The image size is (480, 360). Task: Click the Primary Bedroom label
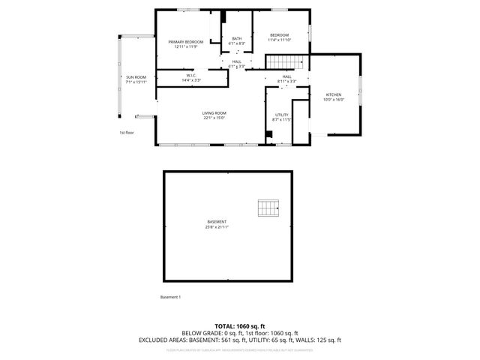coord(186,42)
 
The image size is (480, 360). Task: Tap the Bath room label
coord(237,39)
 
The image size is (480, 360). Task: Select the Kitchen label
coord(333,94)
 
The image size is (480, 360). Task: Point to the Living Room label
coord(214,112)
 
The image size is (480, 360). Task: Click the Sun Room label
coord(136,77)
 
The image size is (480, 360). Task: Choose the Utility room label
coord(282,115)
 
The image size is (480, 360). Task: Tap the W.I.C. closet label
coord(192,75)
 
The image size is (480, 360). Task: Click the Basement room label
coord(217,222)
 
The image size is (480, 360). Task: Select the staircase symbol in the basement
coord(268,207)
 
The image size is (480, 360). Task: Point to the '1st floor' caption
coord(126,133)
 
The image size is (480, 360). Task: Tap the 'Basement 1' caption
coord(170,297)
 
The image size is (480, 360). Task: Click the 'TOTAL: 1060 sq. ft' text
coord(239,326)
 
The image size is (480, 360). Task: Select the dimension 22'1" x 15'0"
coord(214,118)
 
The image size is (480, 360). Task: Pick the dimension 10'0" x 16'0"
coord(333,100)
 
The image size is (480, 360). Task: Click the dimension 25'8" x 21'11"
coord(217,227)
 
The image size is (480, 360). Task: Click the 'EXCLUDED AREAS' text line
coord(239,340)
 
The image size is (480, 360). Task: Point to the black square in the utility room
coord(268,135)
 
